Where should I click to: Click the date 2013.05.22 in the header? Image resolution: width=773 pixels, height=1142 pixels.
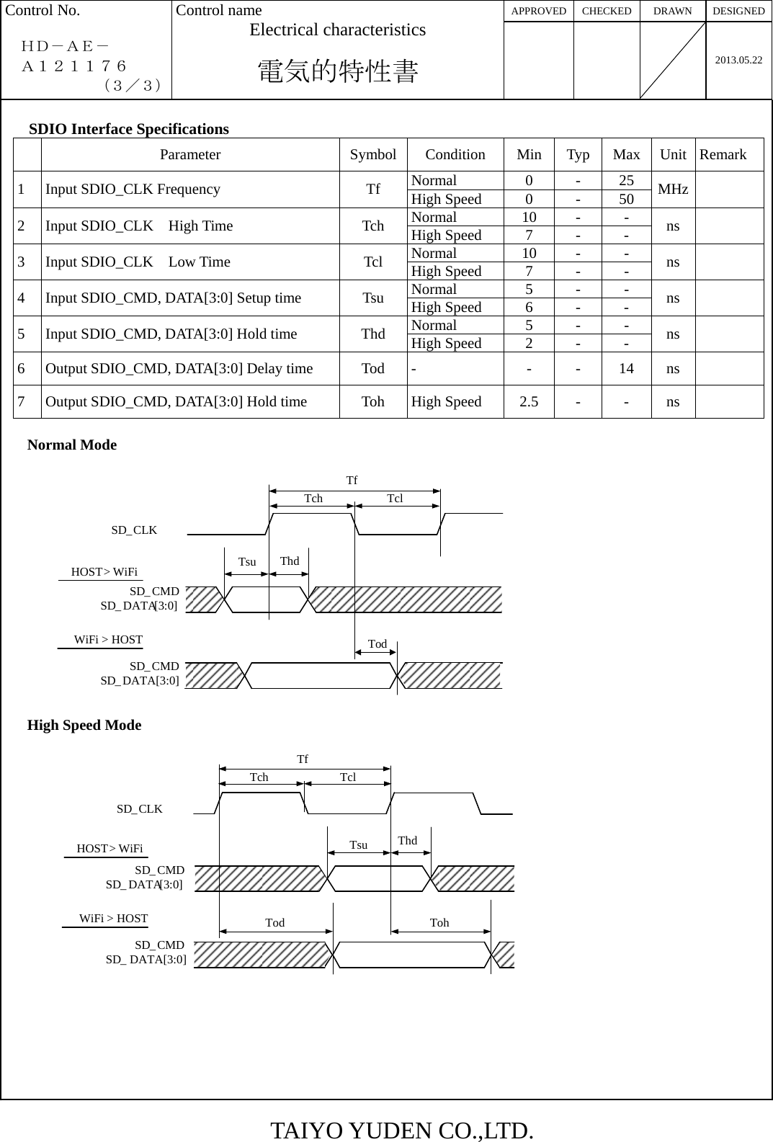(x=738, y=60)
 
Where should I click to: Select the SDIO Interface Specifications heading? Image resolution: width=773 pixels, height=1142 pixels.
(x=129, y=129)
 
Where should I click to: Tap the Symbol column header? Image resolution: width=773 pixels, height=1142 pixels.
(x=372, y=155)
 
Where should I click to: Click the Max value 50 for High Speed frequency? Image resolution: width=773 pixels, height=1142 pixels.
(x=626, y=199)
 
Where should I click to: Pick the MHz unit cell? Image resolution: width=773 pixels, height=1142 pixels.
(x=673, y=189)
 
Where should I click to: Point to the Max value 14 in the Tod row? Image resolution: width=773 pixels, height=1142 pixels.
(x=626, y=369)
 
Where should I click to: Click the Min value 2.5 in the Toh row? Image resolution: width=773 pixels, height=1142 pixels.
(x=529, y=402)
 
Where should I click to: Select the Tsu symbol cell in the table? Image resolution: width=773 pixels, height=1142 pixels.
(x=372, y=298)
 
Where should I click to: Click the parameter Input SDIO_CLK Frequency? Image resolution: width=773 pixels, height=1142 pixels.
(x=133, y=189)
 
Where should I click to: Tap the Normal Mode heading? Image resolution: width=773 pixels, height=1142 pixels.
(x=72, y=445)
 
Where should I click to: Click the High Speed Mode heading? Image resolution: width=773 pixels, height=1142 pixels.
(x=84, y=726)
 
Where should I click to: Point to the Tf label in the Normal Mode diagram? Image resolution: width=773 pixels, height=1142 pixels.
(x=352, y=480)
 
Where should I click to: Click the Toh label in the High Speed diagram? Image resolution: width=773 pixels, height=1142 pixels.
(x=439, y=923)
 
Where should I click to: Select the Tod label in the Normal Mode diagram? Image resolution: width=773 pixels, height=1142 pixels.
(x=377, y=644)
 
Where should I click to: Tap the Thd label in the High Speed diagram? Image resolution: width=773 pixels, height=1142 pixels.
(x=407, y=841)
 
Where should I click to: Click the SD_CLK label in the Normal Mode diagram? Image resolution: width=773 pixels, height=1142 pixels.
(x=134, y=530)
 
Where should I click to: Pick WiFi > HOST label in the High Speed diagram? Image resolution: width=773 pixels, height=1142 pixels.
(x=114, y=919)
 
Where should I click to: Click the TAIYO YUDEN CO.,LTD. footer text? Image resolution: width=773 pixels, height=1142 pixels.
(x=402, y=1130)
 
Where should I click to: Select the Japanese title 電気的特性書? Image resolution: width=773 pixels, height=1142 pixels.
(x=338, y=71)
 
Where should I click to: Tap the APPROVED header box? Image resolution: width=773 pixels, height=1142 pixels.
(x=538, y=11)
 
